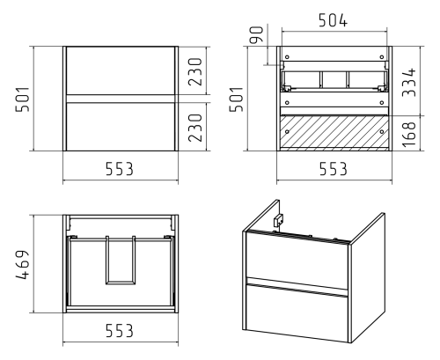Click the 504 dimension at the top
tap(333, 20)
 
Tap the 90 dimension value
tap(257, 34)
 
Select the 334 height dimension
tap(409, 82)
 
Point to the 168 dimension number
tap(409, 135)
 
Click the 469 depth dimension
tap(22, 265)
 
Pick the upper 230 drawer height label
tap(195, 72)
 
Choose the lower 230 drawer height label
tap(195, 128)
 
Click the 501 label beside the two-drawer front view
tap(23, 99)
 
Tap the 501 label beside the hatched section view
tap(237, 99)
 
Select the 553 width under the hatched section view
tap(334, 169)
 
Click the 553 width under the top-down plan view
tap(120, 331)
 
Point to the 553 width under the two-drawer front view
tap(120, 169)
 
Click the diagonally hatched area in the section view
tap(334, 133)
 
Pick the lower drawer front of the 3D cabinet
tap(297, 312)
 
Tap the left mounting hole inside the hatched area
tap(287, 132)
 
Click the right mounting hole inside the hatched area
tap(382, 132)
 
